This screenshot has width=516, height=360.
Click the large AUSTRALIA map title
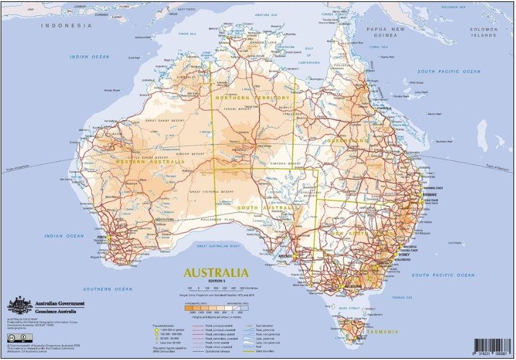click(215, 272)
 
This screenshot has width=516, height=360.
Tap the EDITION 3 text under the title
click(215, 281)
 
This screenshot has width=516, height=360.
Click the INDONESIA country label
click(66, 26)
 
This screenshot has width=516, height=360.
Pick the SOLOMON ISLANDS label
click(483, 32)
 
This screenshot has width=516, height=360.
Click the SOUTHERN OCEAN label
click(108, 289)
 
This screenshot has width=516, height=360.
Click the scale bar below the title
click(215, 287)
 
